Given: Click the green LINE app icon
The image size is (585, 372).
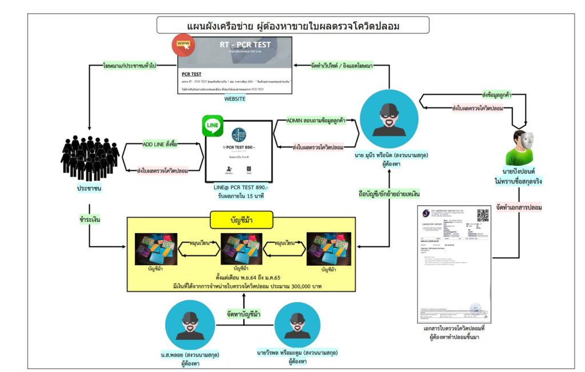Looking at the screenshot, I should click(x=213, y=126).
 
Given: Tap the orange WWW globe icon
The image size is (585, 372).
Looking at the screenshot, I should click(x=183, y=45).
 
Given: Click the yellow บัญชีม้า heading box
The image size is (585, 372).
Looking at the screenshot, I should click(x=242, y=219).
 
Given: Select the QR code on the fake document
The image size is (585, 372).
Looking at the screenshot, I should click(x=483, y=215).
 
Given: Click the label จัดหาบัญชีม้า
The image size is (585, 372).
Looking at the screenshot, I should click(x=245, y=313).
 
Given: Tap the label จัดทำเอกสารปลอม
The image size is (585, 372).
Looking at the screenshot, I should click(x=523, y=207).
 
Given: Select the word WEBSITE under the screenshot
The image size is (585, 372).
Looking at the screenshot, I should click(x=234, y=99).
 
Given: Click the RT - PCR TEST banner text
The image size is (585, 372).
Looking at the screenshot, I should click(x=246, y=45).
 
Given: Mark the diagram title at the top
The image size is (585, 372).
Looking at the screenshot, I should click(x=293, y=26).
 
